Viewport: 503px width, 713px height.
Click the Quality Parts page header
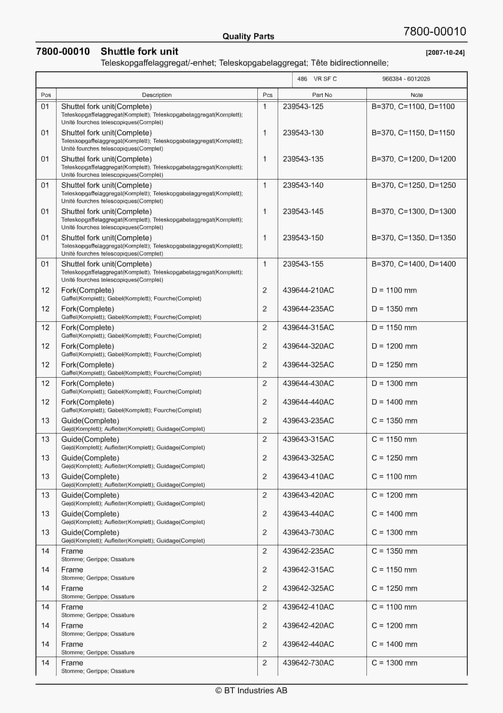pos(248,36)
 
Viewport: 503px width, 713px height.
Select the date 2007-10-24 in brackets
pos(445,53)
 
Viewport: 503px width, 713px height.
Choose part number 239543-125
pos(303,106)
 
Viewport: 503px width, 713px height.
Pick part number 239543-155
pos(303,264)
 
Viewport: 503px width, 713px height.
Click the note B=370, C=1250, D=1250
pos(413,185)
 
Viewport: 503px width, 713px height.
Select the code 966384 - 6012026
pos(406,79)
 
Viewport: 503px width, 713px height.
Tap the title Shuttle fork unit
pos(139,52)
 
